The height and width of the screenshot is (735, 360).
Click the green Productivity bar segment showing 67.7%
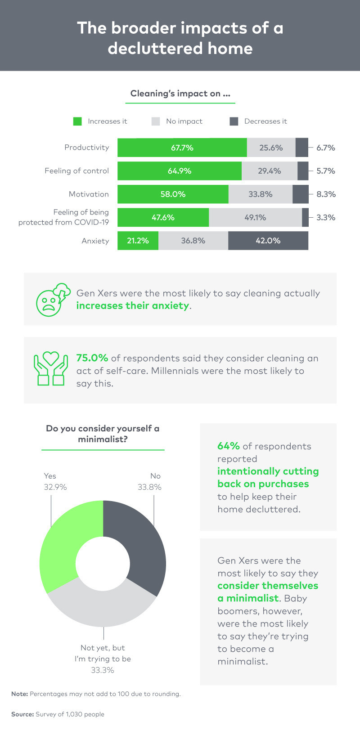(x=182, y=148)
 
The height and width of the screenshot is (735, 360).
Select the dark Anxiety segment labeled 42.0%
(x=268, y=241)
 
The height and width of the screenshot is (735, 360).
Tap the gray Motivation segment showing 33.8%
(x=260, y=194)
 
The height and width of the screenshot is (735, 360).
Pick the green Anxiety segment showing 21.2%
(x=138, y=241)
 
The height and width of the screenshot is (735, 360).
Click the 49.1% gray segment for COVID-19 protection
(x=255, y=218)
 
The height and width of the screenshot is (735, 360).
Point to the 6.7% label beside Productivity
(x=325, y=148)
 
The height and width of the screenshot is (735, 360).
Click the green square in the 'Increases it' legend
(x=77, y=121)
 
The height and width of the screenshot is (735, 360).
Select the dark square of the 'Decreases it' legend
(x=234, y=121)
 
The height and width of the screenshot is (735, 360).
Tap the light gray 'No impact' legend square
(x=156, y=121)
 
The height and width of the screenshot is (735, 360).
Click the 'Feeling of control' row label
(x=77, y=171)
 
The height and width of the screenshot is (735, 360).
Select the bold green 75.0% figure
(x=92, y=358)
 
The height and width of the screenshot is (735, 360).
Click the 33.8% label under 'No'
(x=149, y=487)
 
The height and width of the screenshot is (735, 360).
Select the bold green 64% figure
(x=229, y=446)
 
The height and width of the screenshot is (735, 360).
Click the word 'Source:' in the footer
(x=22, y=714)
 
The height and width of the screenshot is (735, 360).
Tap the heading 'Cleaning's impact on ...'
(x=180, y=94)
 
